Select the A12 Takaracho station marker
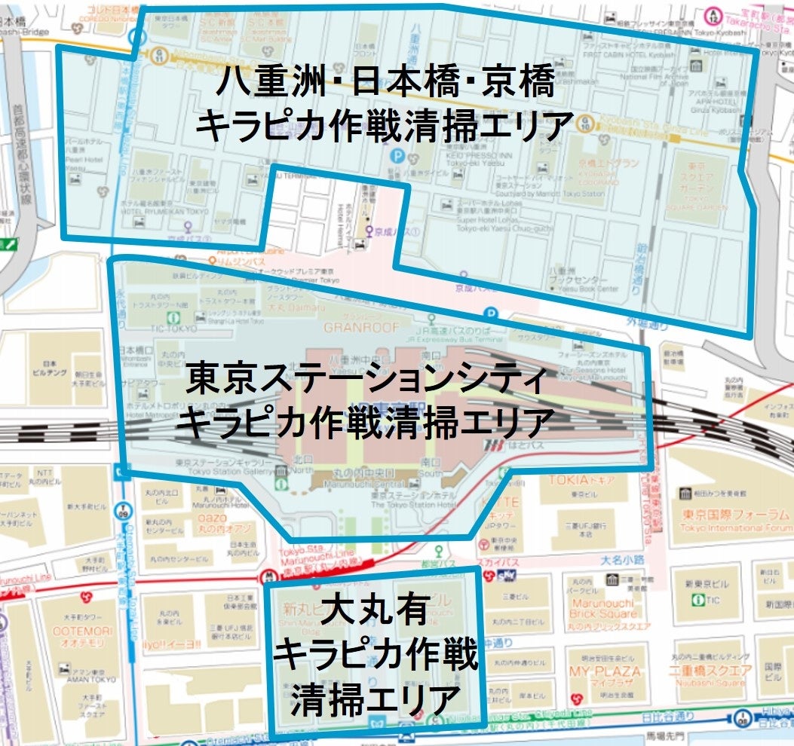(713, 14)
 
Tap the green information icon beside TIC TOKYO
(173, 319)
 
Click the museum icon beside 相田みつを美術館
(685, 493)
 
